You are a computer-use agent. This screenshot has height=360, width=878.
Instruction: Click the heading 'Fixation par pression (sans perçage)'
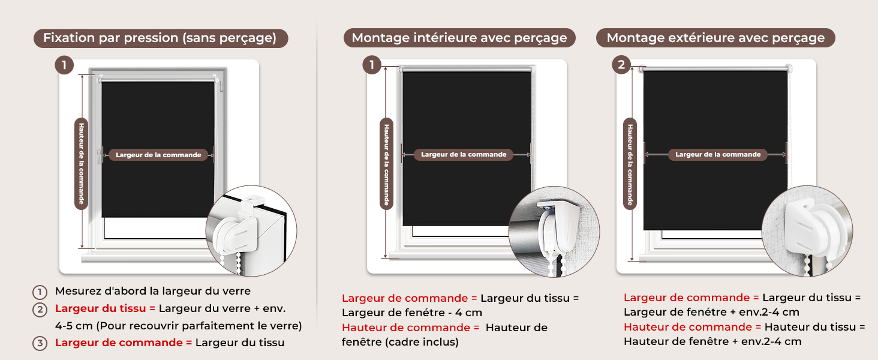coord(161,38)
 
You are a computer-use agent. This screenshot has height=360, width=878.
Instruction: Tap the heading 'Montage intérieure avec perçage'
coord(459,38)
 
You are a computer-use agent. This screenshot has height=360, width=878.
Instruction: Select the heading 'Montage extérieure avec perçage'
coord(715,38)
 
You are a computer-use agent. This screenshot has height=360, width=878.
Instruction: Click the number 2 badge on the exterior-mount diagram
coord(621,65)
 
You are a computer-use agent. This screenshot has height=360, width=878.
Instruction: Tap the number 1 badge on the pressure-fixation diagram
coord(64,65)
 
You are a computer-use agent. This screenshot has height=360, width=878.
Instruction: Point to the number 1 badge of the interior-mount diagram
coord(372,65)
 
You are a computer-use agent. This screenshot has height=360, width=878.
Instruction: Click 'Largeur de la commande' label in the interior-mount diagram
coord(464,155)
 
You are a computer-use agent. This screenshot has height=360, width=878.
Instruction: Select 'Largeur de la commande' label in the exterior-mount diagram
coord(718,155)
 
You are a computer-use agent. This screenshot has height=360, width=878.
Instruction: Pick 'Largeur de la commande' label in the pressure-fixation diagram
coord(158,155)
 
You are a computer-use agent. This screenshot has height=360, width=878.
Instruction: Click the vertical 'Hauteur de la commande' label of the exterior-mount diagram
coord(630,164)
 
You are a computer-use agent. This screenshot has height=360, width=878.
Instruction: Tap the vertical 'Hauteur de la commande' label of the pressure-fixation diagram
coord(81,164)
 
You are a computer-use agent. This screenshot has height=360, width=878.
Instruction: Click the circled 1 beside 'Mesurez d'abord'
coord(40,292)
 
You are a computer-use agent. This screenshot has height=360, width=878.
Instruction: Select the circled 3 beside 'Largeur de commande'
coord(40,344)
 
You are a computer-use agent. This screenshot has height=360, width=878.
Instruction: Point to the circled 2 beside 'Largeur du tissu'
coord(40,310)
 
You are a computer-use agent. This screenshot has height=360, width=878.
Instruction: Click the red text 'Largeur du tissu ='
coord(106,308)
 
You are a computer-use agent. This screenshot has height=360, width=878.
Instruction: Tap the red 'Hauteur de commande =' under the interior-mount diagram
coord(410,328)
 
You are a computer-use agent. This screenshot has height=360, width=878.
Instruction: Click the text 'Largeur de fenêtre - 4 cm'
coord(412,313)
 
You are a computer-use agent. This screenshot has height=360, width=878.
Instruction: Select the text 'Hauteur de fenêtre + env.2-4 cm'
coord(712,341)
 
